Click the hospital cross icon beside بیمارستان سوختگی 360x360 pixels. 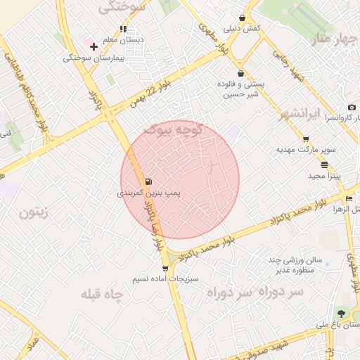[x=94, y=46]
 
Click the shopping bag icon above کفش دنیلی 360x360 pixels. [x=243, y=18]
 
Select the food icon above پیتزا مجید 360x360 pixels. [x=324, y=165]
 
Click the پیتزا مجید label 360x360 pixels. [x=324, y=176]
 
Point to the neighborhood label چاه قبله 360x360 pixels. [x=104, y=293]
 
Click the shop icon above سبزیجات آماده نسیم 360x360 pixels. [x=165, y=268]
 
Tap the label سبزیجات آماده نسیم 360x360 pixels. [x=165, y=279]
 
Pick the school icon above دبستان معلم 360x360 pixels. [x=123, y=30]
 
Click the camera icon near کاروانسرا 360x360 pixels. [x=352, y=107]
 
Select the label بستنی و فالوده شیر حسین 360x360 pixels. [x=240, y=89]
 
